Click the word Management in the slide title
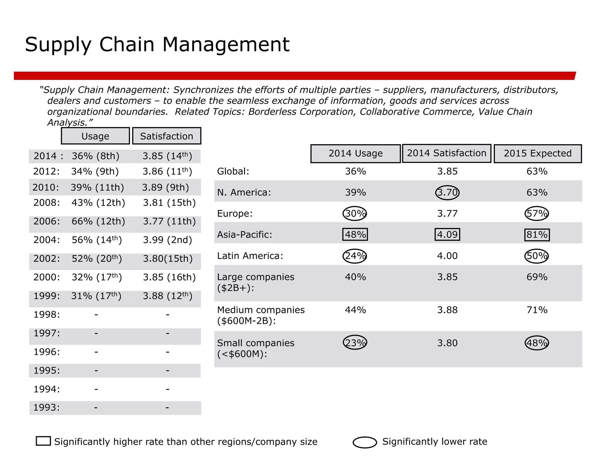(226, 45)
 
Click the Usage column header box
(95, 136)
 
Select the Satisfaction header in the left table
(167, 136)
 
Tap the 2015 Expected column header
(537, 153)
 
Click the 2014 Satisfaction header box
(446, 153)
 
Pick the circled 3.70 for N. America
(447, 193)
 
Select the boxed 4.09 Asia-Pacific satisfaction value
(447, 234)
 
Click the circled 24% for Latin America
(355, 256)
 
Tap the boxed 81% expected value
(537, 235)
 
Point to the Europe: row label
(235, 214)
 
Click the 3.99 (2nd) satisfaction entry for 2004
(167, 240)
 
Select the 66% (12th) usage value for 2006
(98, 221)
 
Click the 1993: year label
(46, 407)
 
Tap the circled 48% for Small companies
(537, 343)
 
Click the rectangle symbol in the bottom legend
(43, 441)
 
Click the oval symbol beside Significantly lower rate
(365, 442)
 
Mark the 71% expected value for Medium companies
(537, 310)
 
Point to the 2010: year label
(46, 187)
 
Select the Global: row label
(233, 171)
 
